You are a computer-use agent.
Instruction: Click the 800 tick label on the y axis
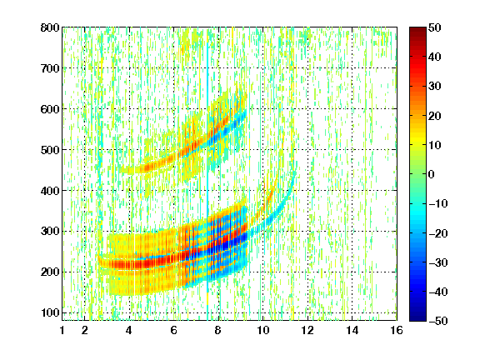click(50, 27)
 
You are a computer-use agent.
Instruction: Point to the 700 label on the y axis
click(50, 68)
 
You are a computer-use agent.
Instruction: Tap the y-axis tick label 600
click(50, 109)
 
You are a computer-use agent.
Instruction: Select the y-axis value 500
click(50, 150)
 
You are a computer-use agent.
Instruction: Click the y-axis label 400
click(50, 191)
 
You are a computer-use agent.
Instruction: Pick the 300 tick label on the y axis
click(50, 231)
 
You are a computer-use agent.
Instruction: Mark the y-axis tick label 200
click(50, 272)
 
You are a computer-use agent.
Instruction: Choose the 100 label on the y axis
click(50, 312)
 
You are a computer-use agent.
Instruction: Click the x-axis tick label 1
click(62, 330)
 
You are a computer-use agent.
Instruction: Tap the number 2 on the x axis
click(85, 330)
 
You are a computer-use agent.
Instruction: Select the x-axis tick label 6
click(173, 330)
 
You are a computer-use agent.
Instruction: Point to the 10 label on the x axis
click(262, 330)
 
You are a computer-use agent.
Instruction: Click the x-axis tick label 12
click(307, 330)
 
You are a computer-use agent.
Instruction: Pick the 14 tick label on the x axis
click(352, 330)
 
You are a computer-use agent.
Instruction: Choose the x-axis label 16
click(397, 330)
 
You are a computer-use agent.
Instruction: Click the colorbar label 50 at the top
click(434, 27)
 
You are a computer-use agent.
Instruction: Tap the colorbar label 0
click(432, 174)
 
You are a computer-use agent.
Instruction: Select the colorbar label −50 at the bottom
click(437, 321)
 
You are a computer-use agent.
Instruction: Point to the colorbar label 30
click(434, 87)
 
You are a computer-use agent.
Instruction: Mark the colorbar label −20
click(437, 233)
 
